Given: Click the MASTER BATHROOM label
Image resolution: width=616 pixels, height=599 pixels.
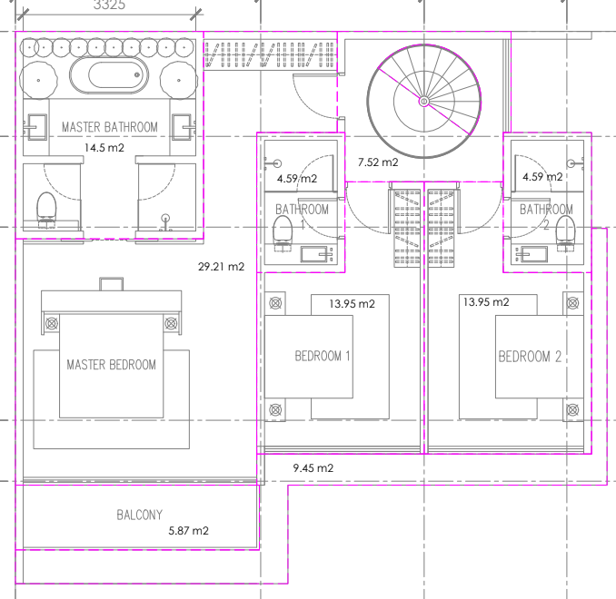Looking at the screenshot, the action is coord(110,127).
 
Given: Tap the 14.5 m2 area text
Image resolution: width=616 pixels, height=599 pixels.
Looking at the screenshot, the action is coord(104,148).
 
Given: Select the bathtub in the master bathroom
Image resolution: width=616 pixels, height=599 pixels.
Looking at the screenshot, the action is coord(109,75).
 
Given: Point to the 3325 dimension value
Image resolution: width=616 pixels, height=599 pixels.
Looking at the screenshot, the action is coord(109,5).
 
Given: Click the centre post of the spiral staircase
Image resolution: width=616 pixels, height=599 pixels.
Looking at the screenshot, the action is coord(424,102).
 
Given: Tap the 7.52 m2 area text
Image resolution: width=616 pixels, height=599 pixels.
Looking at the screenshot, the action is coord(378,162).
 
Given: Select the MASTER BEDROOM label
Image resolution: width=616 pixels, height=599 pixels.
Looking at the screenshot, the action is coord(111,365).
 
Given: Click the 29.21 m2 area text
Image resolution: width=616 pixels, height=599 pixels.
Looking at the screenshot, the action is coord(221,267).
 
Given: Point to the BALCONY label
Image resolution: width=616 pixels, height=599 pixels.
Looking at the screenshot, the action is coord(140,515).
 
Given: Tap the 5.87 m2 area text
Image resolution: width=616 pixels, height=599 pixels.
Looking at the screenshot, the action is coord(189,531).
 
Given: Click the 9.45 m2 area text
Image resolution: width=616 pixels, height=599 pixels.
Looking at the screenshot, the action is coord(313,468).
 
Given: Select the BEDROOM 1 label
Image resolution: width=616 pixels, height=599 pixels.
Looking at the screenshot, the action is coord(323,356).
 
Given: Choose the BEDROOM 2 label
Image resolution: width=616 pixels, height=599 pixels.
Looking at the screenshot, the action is coord(530,357).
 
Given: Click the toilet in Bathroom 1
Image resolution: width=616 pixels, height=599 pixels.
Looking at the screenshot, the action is coord(283,233).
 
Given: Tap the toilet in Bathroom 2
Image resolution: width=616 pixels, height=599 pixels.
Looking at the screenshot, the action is coord(566,233).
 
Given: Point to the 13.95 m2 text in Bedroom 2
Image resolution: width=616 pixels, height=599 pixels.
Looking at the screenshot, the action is coord(486,302).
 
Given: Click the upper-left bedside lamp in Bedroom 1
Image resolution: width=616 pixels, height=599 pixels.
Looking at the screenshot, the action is coord(275,303).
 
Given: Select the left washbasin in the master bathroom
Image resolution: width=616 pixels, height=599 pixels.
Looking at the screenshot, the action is coord(35,127).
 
